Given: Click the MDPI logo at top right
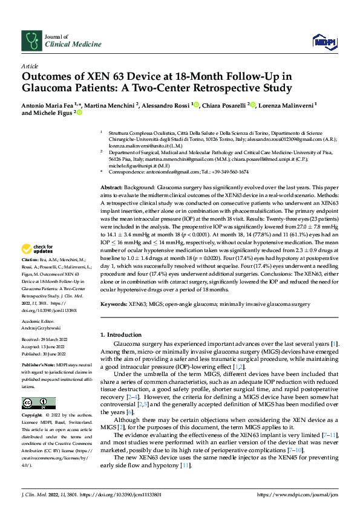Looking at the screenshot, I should coord(324,41).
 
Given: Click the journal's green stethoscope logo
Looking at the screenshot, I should coord(31,41).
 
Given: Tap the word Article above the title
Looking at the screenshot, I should coord(30,66).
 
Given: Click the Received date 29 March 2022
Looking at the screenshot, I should coord(45,340).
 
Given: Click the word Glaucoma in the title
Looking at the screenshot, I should coord(48,88).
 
